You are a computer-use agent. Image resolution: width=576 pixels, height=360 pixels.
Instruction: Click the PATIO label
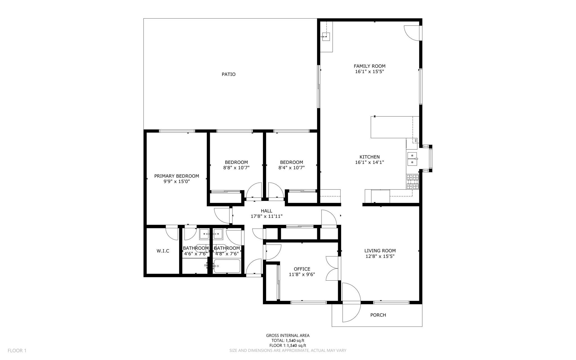click(228, 74)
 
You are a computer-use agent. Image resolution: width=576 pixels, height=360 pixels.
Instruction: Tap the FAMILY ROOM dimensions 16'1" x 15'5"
click(370, 71)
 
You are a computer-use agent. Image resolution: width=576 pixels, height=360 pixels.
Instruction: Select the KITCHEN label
click(370, 157)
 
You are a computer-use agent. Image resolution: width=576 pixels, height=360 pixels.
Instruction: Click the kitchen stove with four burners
click(413, 182)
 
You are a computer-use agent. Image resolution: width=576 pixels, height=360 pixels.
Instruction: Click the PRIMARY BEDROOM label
click(177, 176)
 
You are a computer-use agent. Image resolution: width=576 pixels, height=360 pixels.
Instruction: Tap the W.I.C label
click(163, 251)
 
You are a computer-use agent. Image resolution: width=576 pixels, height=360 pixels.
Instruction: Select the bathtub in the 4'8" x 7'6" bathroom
click(227, 266)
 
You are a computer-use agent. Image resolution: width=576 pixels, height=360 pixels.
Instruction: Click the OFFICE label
click(302, 269)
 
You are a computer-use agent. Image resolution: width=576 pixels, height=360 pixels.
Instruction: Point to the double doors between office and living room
click(332, 268)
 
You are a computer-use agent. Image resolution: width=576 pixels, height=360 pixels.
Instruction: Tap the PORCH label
click(378, 315)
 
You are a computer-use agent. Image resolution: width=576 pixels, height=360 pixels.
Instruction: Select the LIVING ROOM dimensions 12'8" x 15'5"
click(380, 256)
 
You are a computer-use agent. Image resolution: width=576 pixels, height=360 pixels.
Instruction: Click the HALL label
click(266, 211)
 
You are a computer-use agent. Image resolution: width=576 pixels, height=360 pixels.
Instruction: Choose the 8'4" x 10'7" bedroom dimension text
click(291, 168)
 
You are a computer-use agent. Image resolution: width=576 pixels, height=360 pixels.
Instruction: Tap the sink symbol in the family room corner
click(326, 37)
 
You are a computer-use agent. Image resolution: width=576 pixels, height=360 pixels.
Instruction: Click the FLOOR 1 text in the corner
click(17, 350)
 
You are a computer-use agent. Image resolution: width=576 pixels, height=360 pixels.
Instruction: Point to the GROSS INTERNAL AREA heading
click(288, 335)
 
